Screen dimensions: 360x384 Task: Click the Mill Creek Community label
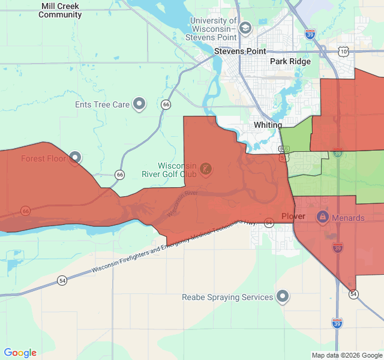(60, 10)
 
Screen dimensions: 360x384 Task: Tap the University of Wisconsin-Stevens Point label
(213, 29)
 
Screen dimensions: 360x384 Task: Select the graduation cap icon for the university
(245, 28)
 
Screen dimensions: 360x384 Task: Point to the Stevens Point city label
(240, 52)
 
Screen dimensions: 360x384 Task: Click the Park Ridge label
(290, 61)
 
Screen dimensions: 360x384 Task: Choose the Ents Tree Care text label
(103, 104)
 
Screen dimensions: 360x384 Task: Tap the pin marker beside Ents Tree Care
(140, 104)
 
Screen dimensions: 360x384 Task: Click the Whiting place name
(268, 125)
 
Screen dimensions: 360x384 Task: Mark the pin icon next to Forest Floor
(75, 158)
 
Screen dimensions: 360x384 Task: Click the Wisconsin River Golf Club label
(178, 170)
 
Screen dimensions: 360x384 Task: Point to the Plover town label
(293, 216)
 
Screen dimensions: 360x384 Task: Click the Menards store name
(348, 218)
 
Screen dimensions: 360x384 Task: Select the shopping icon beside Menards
(322, 216)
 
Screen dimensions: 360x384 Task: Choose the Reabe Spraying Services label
(227, 297)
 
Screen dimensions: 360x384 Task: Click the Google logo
(20, 353)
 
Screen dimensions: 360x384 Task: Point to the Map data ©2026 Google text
(346, 355)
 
